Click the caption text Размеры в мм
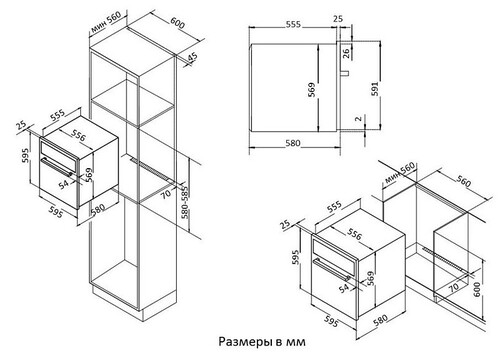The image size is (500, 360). click(x=262, y=342)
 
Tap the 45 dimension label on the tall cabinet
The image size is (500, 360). click(x=192, y=57)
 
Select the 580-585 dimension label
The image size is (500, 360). click(x=185, y=203)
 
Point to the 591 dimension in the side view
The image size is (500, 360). click(x=375, y=89)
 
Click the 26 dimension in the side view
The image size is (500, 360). click(x=346, y=53)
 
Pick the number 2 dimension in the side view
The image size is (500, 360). click(x=358, y=118)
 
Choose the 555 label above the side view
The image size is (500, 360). click(x=293, y=24)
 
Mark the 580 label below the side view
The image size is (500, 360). click(x=293, y=143)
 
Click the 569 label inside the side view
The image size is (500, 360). click(x=311, y=90)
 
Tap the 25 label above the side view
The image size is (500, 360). click(x=338, y=19)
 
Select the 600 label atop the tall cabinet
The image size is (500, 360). click(x=178, y=23)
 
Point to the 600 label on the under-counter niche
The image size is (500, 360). click(x=477, y=290)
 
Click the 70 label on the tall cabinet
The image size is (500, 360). click(x=166, y=194)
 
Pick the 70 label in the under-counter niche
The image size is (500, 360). click(x=453, y=287)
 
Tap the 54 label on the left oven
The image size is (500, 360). click(x=64, y=184)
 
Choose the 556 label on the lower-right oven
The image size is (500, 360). click(x=354, y=234)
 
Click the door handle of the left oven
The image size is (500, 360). click(x=56, y=167)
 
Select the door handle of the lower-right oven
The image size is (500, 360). click(x=332, y=269)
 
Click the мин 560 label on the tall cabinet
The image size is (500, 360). click(x=106, y=23)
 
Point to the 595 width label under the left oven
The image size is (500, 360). click(x=56, y=212)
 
